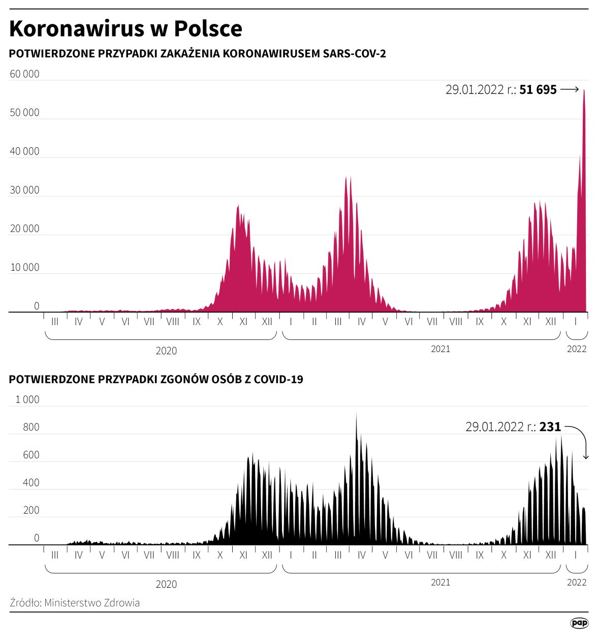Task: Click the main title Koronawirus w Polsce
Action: [125, 29]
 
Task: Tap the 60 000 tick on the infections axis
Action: [24, 74]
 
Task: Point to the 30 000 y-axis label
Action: [24, 190]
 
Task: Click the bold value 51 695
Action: [538, 90]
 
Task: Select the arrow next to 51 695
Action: [570, 89]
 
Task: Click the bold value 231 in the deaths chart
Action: [550, 427]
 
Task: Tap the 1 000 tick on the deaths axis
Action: [27, 400]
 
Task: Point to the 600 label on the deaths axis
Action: [31, 455]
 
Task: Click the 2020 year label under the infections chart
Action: [166, 351]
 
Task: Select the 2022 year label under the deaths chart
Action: [577, 583]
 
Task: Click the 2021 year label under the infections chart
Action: [440, 349]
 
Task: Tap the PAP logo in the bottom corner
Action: [579, 623]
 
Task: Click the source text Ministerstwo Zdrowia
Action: [92, 603]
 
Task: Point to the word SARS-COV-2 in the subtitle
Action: [355, 54]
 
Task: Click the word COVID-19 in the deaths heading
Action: [278, 379]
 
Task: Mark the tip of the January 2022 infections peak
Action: [584, 90]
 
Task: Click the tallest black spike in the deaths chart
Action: [356, 415]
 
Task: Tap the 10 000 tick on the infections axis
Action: [24, 268]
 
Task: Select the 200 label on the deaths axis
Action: [31, 511]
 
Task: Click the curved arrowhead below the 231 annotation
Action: [586, 457]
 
